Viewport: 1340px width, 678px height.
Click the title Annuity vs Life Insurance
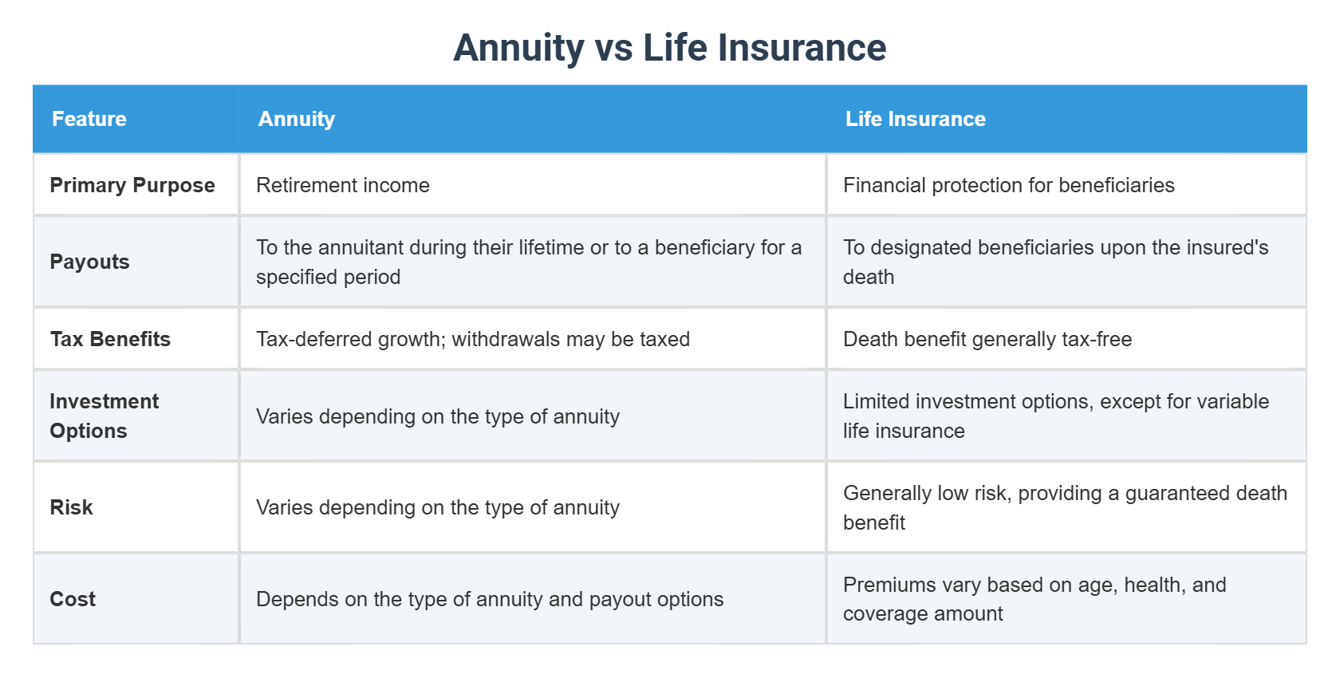pyautogui.click(x=669, y=48)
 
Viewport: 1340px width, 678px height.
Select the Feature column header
pyautogui.click(x=89, y=119)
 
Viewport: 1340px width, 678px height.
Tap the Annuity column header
pyautogui.click(x=297, y=119)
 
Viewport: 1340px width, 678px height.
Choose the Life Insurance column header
pyautogui.click(x=915, y=119)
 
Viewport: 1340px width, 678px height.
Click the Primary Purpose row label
pyautogui.click(x=132, y=185)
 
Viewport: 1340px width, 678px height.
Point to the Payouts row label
pyautogui.click(x=89, y=262)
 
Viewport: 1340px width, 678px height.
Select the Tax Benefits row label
pyautogui.click(x=110, y=339)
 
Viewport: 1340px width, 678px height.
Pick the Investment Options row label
pyautogui.click(x=104, y=416)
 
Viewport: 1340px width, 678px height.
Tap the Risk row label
pyautogui.click(x=71, y=507)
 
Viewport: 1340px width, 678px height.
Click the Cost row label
pyautogui.click(x=73, y=599)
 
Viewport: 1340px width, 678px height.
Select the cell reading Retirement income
pyautogui.click(x=343, y=185)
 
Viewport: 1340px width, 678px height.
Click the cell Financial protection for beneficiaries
pyautogui.click(x=1008, y=185)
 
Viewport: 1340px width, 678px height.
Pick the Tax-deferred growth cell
pyautogui.click(x=473, y=339)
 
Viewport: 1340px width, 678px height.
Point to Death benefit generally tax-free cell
pyautogui.click(x=987, y=339)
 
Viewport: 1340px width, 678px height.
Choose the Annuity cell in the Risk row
pyautogui.click(x=438, y=507)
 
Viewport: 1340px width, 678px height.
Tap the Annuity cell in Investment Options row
pyautogui.click(x=438, y=416)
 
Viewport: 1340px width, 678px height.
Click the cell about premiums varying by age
pyautogui.click(x=1035, y=599)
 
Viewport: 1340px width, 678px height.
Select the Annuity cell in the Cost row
pyautogui.click(x=490, y=599)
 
